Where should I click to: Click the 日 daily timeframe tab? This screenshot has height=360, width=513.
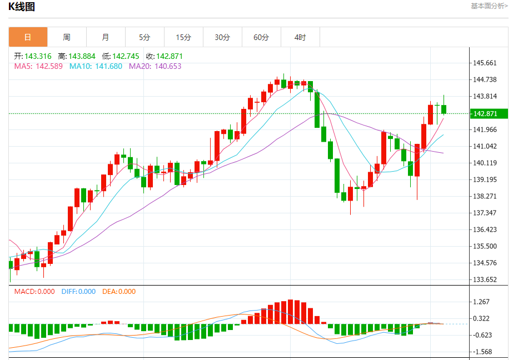point(28,37)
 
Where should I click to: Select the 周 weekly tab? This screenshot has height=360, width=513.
point(67,37)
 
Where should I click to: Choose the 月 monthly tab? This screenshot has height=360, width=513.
point(106,37)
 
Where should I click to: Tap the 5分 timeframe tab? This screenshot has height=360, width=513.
point(145,37)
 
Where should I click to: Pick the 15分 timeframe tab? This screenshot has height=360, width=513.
point(183,37)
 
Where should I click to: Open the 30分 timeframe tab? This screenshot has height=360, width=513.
point(222,37)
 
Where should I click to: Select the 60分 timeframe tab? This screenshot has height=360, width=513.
point(261,37)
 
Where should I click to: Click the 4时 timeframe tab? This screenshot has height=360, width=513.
point(300,37)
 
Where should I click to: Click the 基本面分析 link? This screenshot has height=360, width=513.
point(489,6)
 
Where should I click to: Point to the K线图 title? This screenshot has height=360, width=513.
point(21,7)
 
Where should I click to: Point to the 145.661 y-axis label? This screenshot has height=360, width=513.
point(484,63)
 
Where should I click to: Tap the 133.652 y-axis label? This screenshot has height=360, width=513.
point(484,279)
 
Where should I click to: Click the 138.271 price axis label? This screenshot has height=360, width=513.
point(484,196)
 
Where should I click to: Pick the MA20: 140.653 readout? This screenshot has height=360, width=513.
point(155,66)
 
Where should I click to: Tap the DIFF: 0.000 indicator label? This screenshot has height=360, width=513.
point(78,292)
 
